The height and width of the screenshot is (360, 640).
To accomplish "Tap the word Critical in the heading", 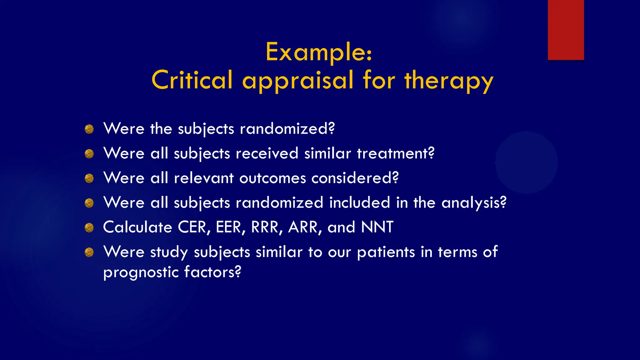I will pos(192,80).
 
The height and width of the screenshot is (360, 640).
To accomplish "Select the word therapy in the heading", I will pos(449,81).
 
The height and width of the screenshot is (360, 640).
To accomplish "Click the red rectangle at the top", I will pos(566,30).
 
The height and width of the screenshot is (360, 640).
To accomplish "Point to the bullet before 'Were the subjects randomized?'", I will pos(89,129).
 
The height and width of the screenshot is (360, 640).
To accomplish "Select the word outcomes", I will pos(272,178).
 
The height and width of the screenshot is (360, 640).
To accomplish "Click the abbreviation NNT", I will pos(377,227).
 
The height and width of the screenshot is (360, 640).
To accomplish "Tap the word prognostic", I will pos(141,272).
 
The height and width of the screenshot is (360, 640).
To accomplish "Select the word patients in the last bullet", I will pos(386,252).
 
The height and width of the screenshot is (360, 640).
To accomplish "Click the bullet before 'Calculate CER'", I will pos(89,227).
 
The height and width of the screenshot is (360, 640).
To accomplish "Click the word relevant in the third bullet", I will pos(203,178).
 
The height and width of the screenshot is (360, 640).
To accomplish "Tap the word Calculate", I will pos(137,227).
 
